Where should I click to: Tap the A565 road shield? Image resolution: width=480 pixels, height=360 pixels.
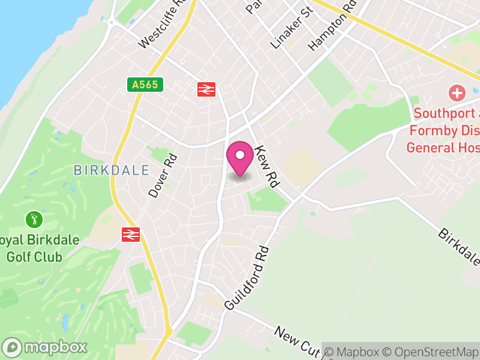(145, 85)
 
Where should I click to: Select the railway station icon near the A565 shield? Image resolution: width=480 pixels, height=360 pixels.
(206, 89)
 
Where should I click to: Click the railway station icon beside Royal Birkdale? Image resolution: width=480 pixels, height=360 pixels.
(130, 233)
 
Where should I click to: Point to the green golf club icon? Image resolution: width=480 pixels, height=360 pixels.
(35, 219)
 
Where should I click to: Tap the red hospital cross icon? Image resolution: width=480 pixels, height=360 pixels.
(457, 93)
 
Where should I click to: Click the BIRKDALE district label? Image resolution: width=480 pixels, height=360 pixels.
(111, 170)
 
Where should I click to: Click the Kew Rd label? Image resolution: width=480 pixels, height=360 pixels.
(268, 166)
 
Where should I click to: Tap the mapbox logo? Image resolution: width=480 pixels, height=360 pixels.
(46, 347)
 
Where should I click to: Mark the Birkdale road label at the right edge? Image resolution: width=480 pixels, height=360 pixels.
(459, 246)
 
